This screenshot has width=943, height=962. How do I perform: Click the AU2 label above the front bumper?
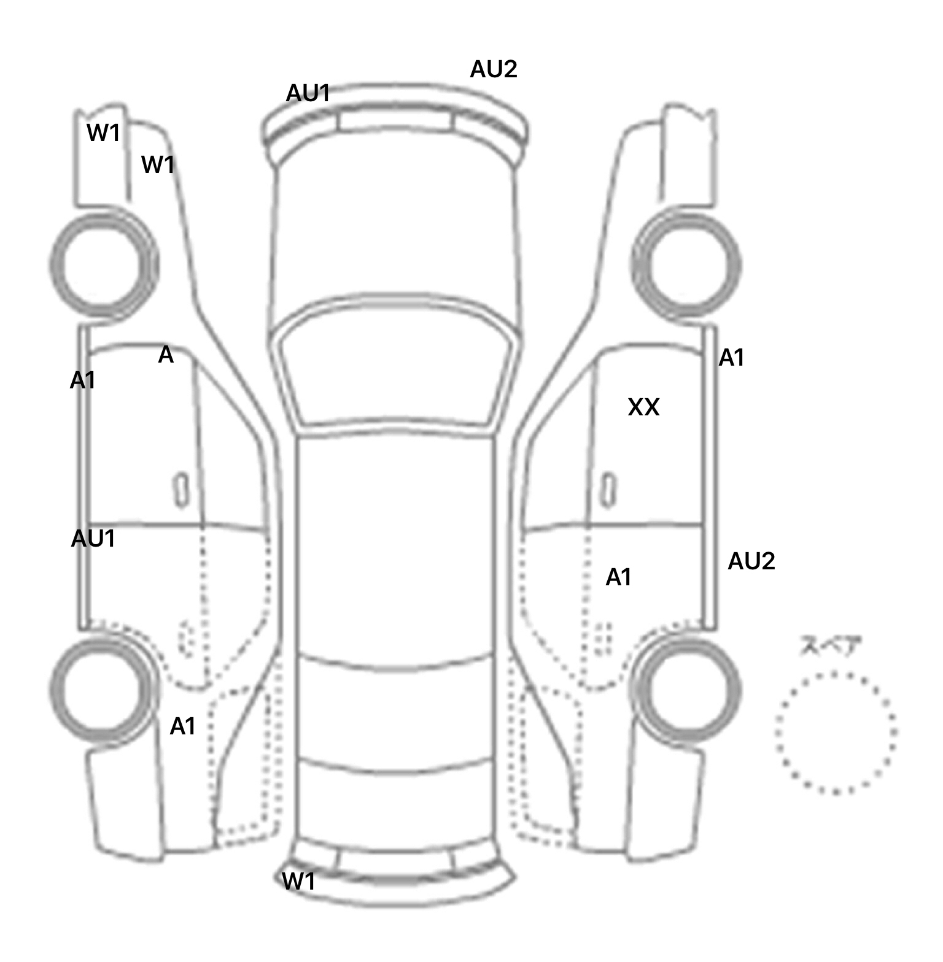pos(494,69)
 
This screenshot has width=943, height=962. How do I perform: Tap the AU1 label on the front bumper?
pos(308,93)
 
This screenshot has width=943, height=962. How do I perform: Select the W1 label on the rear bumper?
pos(298,882)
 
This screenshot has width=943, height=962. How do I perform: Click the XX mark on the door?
pos(643,407)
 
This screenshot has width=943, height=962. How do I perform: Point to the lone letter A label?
pos(166,355)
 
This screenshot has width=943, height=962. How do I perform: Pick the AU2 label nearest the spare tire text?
pos(751,561)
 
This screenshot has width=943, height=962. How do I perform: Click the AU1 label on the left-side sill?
pos(93,539)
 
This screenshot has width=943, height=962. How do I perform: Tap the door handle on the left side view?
pos(181,490)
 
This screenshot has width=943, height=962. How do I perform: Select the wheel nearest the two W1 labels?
pos(103,265)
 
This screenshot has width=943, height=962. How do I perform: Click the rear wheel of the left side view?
pos(103,689)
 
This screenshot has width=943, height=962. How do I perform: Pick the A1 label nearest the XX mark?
pos(731,357)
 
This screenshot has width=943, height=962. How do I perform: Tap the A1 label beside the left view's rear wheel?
pos(182,726)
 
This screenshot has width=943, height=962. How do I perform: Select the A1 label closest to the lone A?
pos(82,381)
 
